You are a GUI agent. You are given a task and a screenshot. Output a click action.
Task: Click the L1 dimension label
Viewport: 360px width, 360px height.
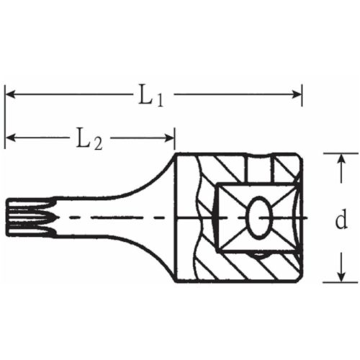[x=150, y=95]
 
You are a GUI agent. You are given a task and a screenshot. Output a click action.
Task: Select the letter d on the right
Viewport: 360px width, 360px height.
[x=341, y=220]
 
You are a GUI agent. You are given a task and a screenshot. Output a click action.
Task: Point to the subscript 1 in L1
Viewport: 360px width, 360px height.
[x=159, y=100]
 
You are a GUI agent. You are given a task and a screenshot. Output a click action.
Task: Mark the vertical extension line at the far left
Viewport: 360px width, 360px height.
[x=6, y=115]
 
